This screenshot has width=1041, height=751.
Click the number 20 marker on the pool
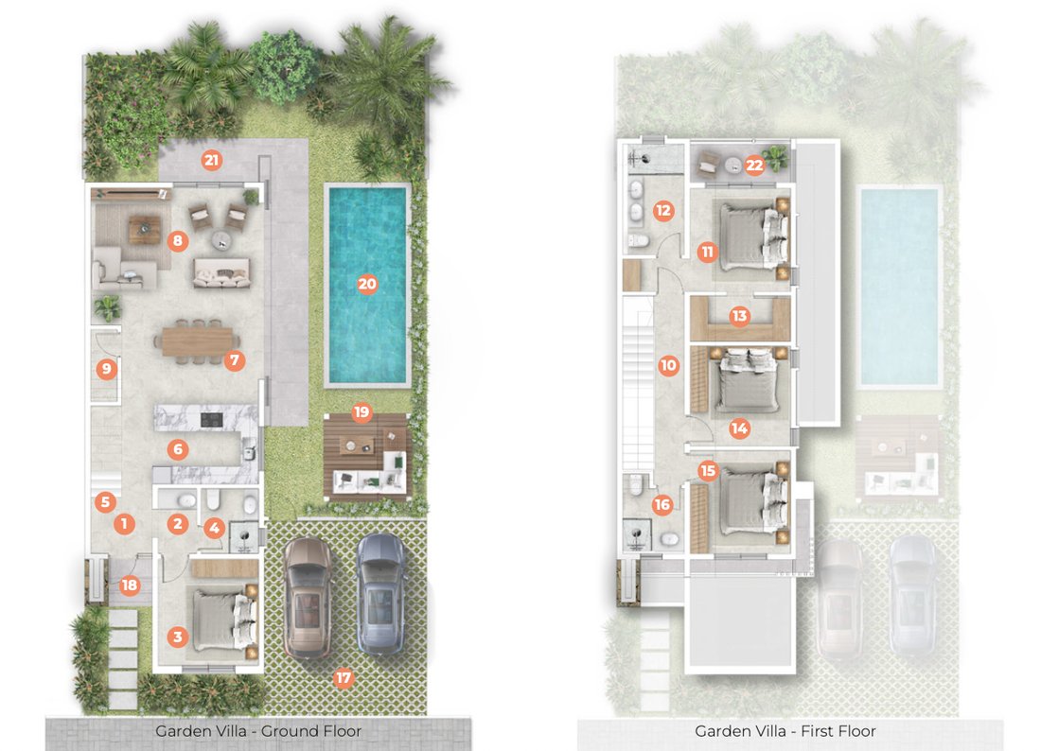tap(367, 285)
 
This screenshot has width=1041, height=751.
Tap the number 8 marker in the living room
tap(177, 240)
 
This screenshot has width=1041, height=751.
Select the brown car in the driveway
tap(308, 598)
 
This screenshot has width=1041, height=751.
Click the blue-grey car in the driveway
tap(381, 594)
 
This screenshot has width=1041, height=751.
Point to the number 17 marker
tap(344, 678)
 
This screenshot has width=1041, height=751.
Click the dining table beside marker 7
tap(197, 341)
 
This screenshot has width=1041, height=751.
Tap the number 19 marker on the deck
tap(362, 412)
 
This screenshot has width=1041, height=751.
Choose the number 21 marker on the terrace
tap(211, 160)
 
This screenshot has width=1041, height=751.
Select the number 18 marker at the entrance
tap(130, 585)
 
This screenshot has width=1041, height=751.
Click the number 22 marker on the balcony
tap(754, 165)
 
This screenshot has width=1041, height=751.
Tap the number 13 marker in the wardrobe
tap(740, 316)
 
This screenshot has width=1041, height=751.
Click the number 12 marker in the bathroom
tap(663, 211)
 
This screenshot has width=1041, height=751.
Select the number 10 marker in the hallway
tap(668, 365)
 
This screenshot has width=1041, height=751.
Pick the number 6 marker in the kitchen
tap(177, 449)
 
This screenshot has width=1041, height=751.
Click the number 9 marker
tap(106, 368)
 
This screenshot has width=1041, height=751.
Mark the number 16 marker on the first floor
tap(662, 505)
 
